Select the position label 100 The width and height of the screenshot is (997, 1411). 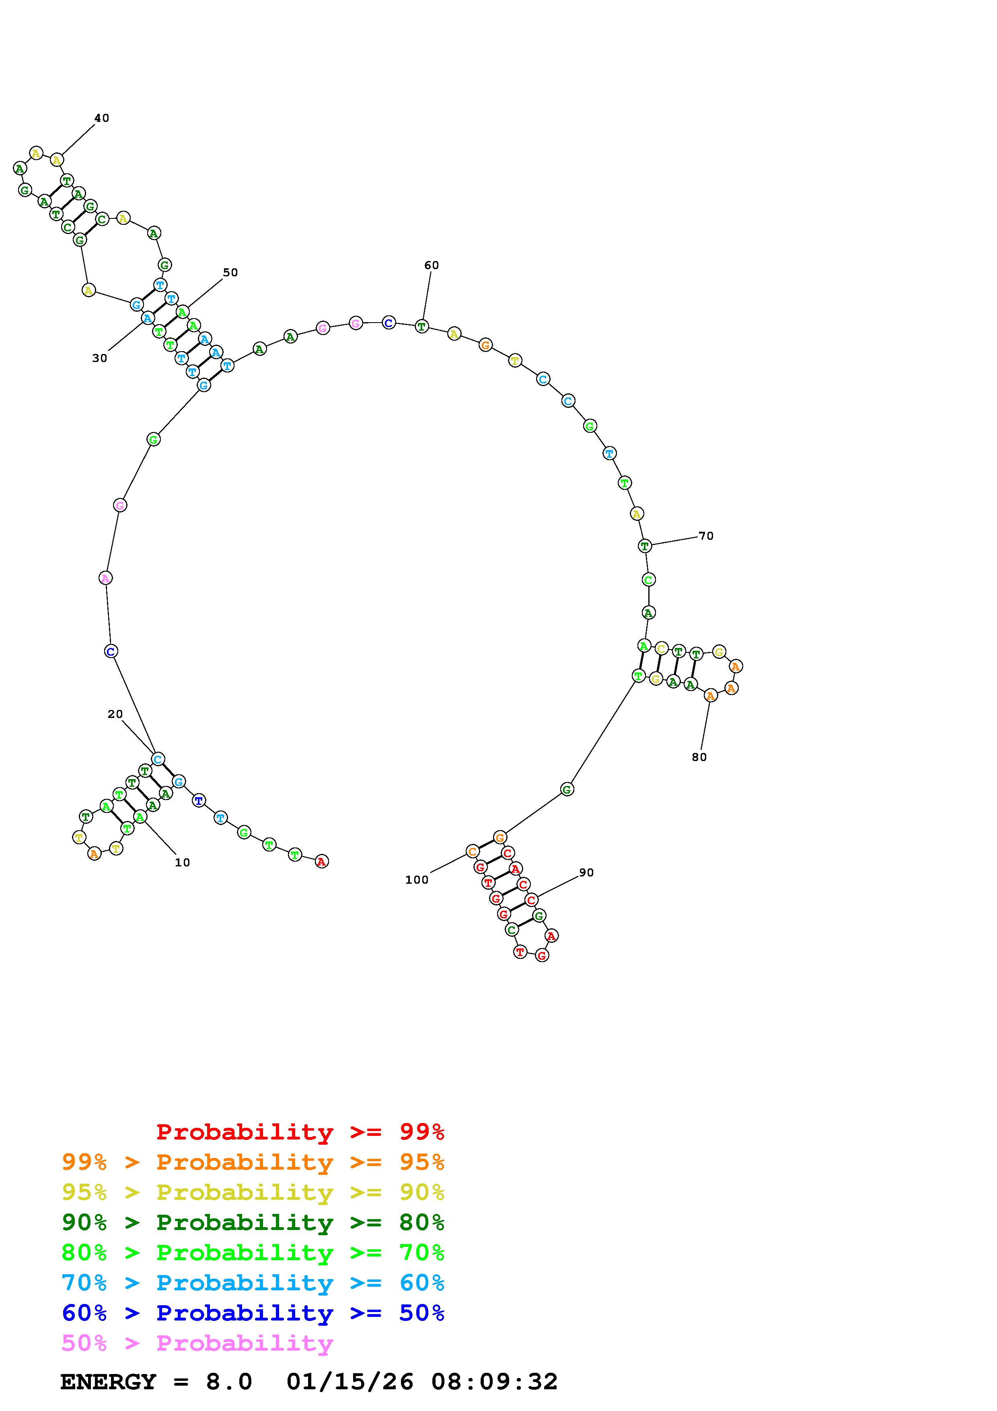tap(417, 880)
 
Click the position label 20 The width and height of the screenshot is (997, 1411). tap(115, 714)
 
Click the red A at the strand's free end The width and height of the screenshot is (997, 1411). tap(321, 862)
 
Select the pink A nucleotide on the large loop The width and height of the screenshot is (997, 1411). tap(106, 578)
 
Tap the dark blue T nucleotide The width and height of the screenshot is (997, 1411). tap(198, 801)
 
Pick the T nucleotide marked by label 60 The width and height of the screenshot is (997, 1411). tap(421, 326)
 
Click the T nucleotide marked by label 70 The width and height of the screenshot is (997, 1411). tap(644, 546)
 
